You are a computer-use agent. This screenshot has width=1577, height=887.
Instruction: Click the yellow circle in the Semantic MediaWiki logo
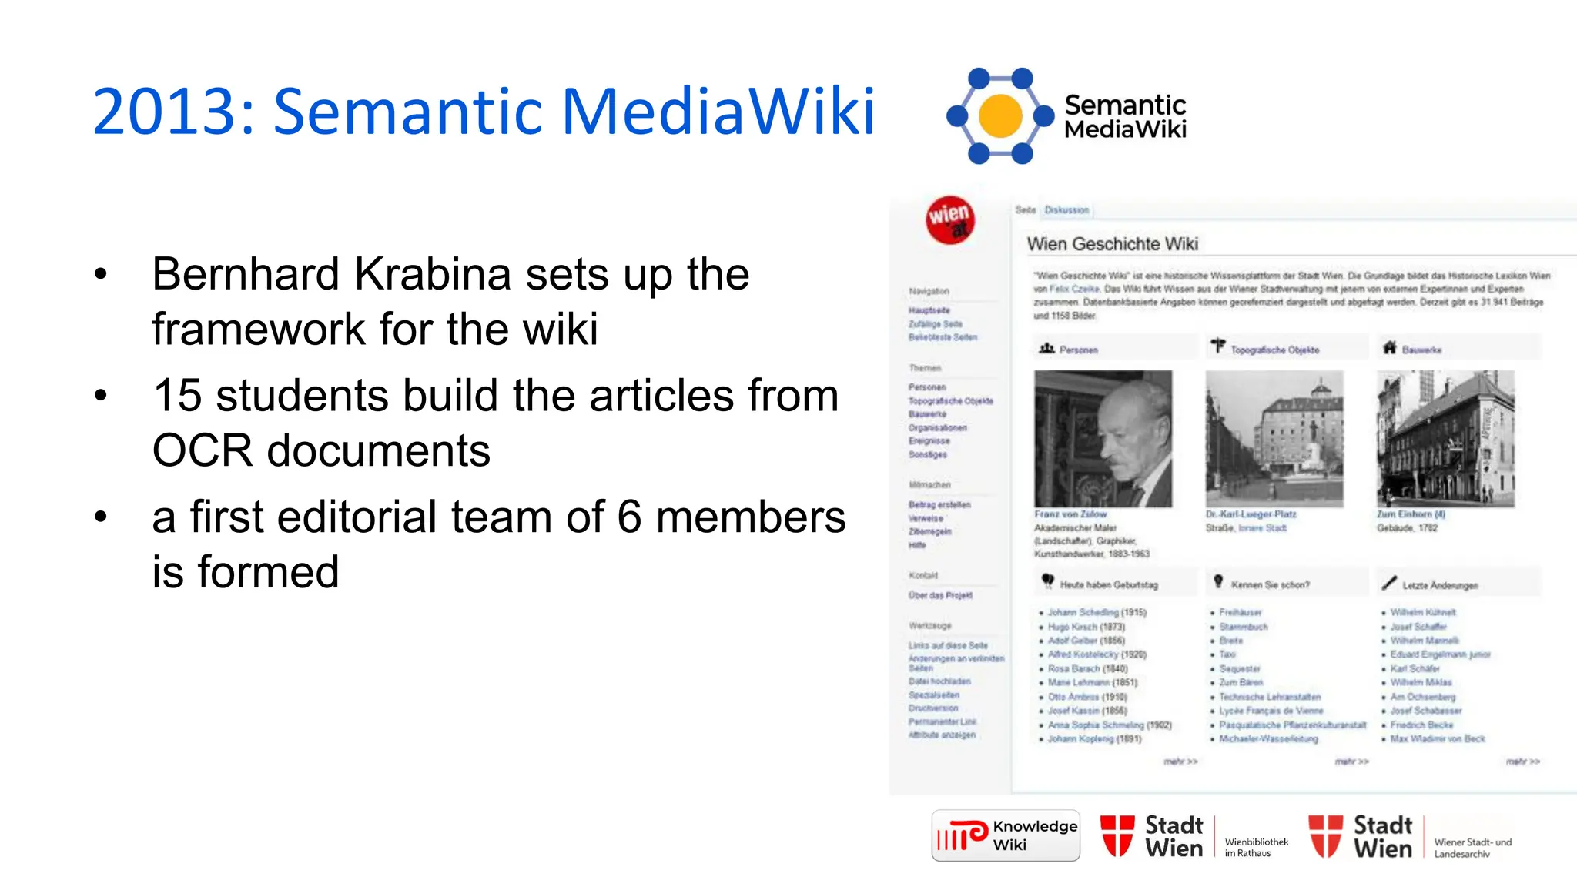(x=1000, y=116)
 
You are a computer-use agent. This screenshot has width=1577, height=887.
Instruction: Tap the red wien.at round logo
(x=950, y=220)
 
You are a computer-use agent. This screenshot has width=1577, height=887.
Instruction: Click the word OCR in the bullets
(x=202, y=451)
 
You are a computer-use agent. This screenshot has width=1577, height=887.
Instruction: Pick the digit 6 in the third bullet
(x=629, y=517)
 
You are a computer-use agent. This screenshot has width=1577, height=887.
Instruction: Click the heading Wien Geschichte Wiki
(x=1112, y=244)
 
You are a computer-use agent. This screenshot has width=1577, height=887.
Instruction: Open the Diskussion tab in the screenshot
(x=1066, y=210)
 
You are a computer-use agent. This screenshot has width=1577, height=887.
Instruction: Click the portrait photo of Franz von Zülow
(x=1103, y=438)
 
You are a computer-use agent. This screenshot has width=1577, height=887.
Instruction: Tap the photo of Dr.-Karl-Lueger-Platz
(x=1274, y=438)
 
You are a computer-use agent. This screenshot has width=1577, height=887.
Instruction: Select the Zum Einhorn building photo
(x=1445, y=438)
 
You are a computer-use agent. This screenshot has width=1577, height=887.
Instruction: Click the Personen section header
(x=1077, y=350)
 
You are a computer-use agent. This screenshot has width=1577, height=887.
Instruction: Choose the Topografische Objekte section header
(x=1274, y=350)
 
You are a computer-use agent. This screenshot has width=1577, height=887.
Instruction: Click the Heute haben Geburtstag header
(x=1108, y=585)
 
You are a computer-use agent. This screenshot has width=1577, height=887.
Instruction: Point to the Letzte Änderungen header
(x=1439, y=585)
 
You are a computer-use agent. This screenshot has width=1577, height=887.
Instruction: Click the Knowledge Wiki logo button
(x=1006, y=835)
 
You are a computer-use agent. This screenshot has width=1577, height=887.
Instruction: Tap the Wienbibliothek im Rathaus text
(x=1256, y=847)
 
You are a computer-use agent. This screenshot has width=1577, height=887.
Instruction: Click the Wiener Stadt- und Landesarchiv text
(x=1472, y=848)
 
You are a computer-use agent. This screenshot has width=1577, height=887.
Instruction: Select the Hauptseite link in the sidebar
(x=929, y=310)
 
